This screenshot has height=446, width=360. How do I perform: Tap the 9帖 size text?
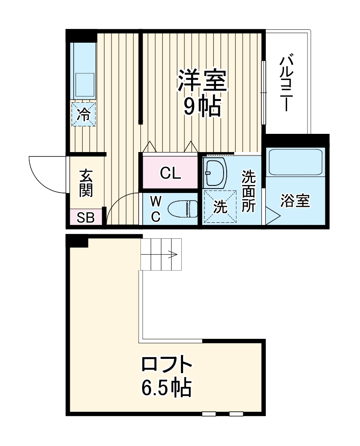(203, 107)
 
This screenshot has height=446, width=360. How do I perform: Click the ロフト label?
(167, 366)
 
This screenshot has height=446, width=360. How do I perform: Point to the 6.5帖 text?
(167, 388)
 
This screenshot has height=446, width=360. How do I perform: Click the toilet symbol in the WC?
(184, 209)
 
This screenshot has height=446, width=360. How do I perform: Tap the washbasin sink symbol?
(215, 172)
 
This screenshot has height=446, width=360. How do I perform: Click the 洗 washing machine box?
(220, 207)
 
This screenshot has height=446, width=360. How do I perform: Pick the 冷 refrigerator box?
(83, 114)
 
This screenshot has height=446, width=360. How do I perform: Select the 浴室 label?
(295, 201)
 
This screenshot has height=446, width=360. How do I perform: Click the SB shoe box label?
(86, 217)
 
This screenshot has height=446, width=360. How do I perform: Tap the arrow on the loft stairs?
(172, 255)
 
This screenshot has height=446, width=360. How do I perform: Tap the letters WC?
(155, 209)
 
